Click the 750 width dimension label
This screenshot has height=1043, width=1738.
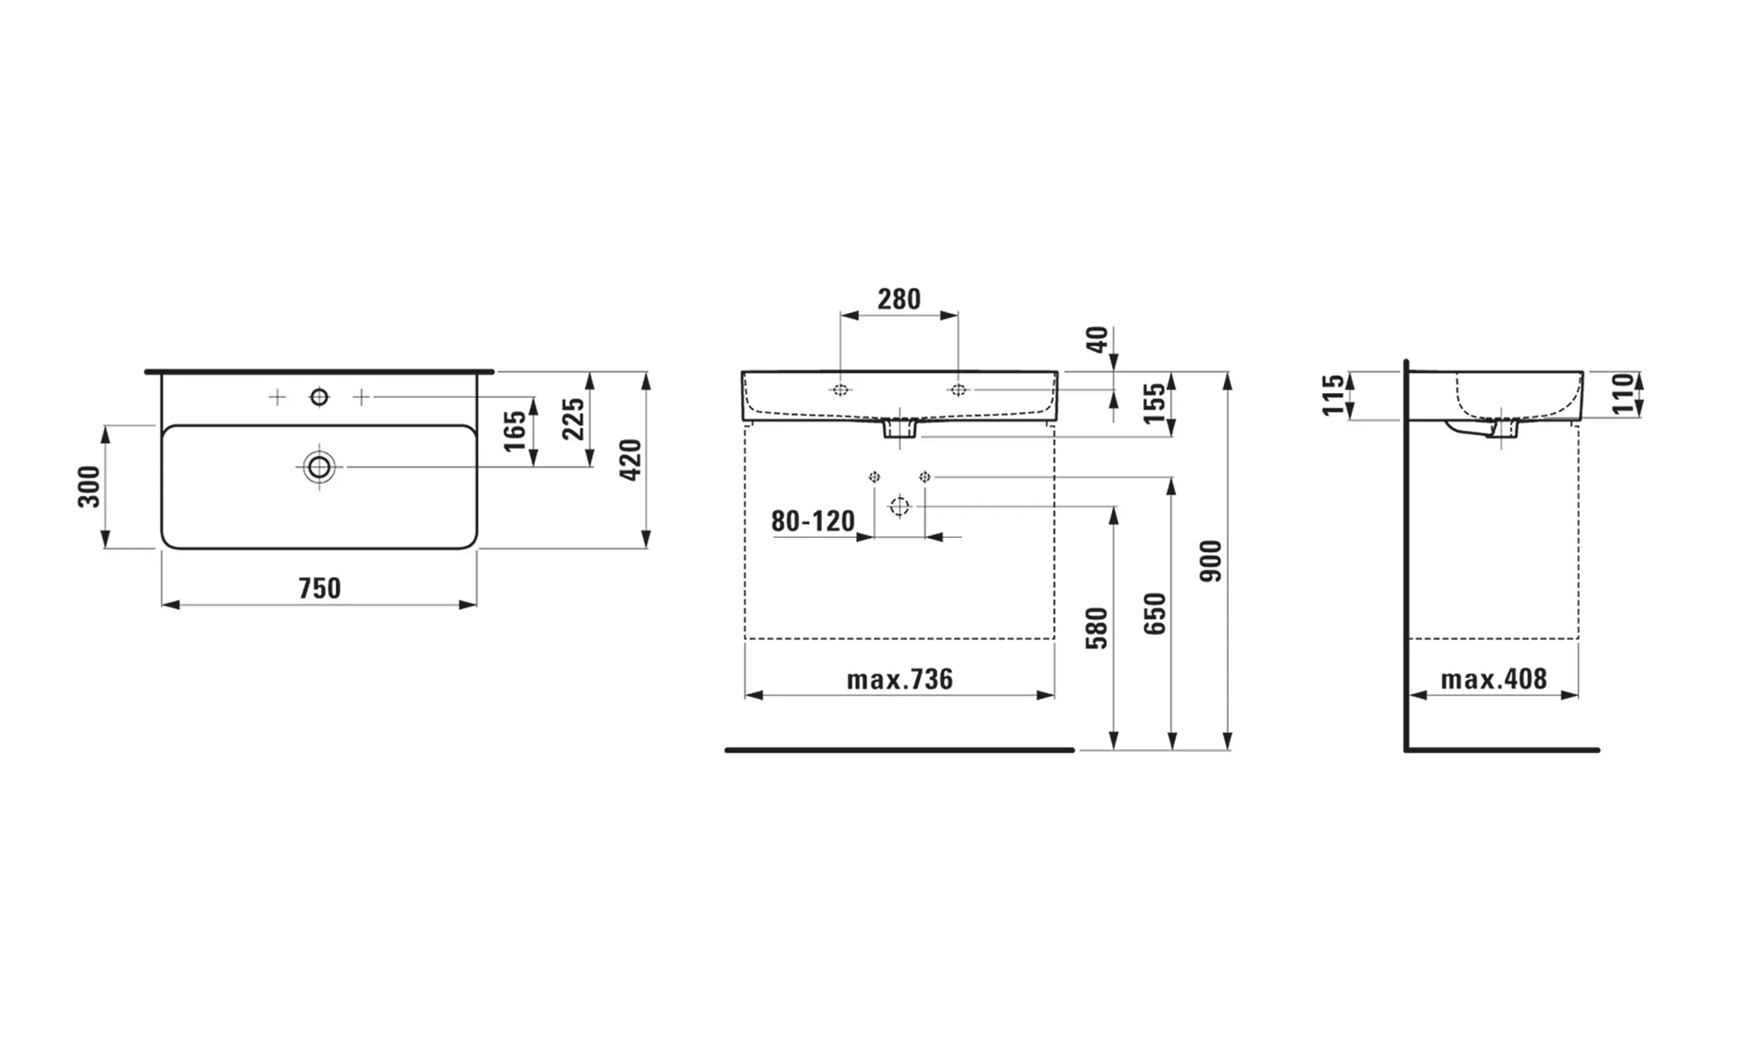click(x=320, y=588)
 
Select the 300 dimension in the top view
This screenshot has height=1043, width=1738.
click(x=90, y=487)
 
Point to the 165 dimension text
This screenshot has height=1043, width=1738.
click(x=515, y=431)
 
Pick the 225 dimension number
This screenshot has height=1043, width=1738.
click(x=573, y=419)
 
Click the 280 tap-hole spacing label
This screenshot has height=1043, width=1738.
click(x=899, y=299)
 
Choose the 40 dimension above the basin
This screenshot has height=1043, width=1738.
click(x=1098, y=340)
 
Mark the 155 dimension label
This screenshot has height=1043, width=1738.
click(x=1154, y=403)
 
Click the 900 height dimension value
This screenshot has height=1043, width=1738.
click(x=1211, y=561)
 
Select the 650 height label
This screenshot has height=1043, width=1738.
click(x=1155, y=614)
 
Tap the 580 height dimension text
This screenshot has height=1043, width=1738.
click(x=1098, y=628)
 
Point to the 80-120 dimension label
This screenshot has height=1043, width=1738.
click(x=813, y=521)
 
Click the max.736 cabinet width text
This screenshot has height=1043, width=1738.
click(x=899, y=679)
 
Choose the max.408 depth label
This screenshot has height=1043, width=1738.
click(x=1494, y=679)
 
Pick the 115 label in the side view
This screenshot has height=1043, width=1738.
click(x=1334, y=395)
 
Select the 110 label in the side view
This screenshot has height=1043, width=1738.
click(x=1622, y=395)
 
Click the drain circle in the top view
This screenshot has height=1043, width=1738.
click(x=320, y=468)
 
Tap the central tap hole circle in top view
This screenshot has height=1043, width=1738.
click(x=320, y=397)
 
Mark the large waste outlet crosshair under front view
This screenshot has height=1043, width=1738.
click(x=899, y=506)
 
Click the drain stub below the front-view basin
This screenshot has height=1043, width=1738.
click(x=899, y=428)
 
